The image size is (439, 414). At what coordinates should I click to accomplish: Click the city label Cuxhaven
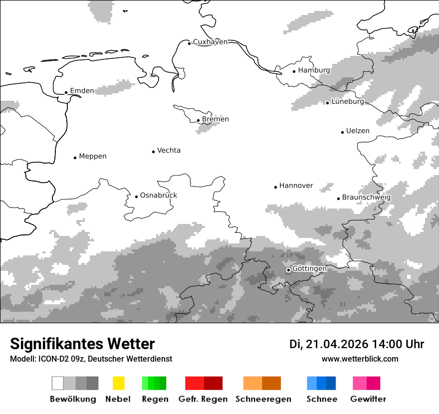coord(210,42)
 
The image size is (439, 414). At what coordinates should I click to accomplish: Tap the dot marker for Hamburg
coord(294,71)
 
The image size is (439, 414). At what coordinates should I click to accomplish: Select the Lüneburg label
coord(348,102)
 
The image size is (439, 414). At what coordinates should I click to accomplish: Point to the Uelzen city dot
coord(342,132)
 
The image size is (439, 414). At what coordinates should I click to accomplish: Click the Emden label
coord(82,91)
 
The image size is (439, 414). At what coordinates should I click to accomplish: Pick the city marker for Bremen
coord(198,120)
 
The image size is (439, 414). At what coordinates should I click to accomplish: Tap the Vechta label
coord(169,151)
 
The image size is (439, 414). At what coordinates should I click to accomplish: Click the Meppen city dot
coord(75,158)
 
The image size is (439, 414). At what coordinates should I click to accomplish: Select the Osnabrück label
coord(158,196)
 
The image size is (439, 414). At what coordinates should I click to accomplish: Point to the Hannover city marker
coord(275,187)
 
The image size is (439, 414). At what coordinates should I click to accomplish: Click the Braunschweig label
coord(366,198)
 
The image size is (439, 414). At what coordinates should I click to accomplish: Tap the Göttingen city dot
coord(288,270)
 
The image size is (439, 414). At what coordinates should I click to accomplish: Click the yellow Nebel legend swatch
coord(118,383)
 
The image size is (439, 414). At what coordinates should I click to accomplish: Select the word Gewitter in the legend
coord(368,399)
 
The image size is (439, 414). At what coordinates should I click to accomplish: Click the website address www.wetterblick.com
coord(360,359)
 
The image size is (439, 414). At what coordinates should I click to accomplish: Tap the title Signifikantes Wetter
coord(82,344)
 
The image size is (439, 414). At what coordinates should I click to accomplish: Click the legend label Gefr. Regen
coord(203,399)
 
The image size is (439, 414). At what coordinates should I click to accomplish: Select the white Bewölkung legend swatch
coord(58,383)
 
